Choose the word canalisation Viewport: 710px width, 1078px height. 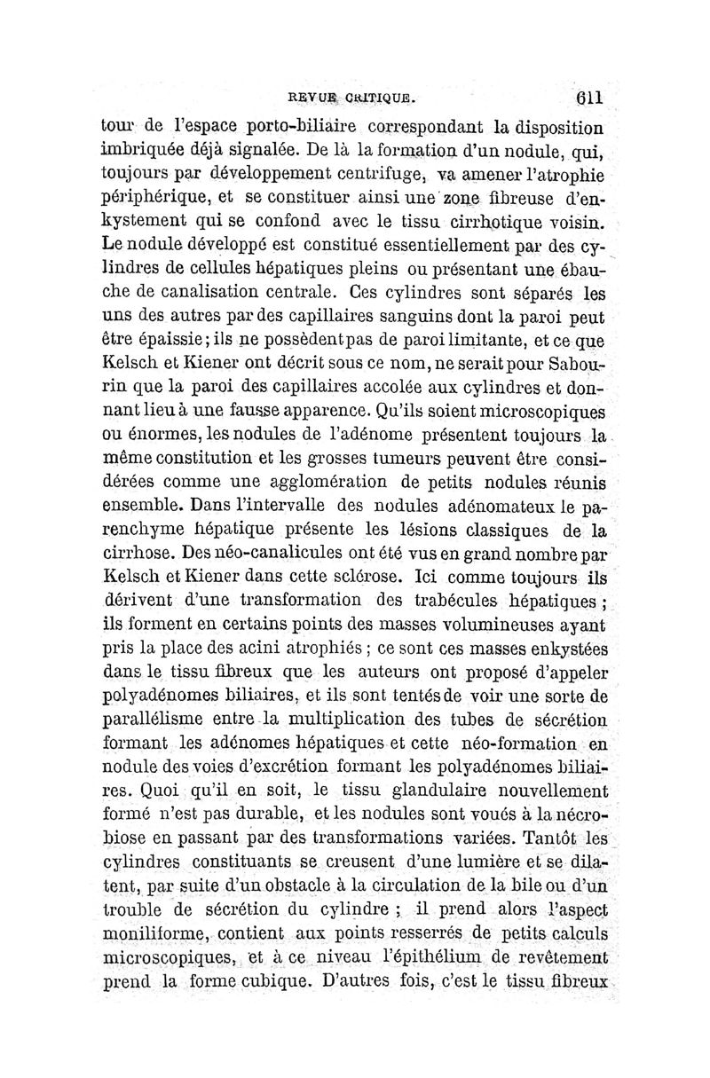219,289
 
